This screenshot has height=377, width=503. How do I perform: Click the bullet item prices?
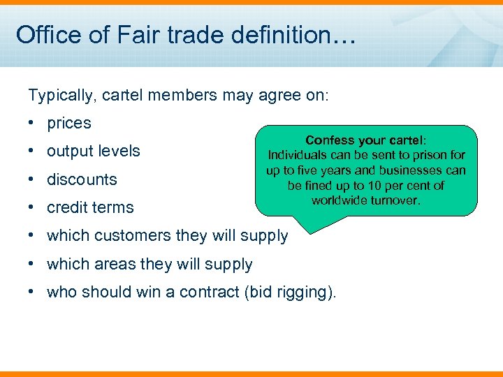68,123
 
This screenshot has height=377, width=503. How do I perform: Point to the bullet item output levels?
93,151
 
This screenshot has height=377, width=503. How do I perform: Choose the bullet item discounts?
82,179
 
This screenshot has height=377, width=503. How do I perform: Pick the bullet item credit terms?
90,207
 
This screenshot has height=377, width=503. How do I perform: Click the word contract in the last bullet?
209,292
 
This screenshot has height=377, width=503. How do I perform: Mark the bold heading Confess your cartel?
366,140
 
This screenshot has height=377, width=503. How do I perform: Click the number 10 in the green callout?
385,185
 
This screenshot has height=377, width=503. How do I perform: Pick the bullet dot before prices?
33,123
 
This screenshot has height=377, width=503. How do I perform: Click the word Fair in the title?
107,35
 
